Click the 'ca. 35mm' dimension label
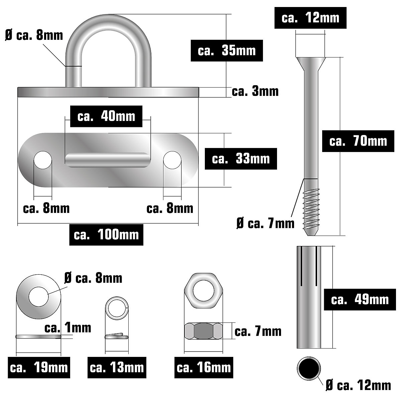tap(227, 50)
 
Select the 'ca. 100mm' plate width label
tap(106, 235)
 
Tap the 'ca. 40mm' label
tap(106, 116)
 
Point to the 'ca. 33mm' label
tap(241, 159)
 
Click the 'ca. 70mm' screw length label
tap(358, 141)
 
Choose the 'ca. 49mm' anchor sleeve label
tap(360, 300)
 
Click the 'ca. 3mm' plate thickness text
tap(255, 92)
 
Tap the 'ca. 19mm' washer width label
tap(39, 368)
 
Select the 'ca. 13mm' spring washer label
tap(117, 368)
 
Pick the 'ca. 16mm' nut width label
tap(204, 368)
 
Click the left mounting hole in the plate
tap(43, 160)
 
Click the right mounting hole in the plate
tap(172, 160)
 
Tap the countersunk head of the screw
tap(311, 64)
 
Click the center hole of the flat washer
tap(38, 297)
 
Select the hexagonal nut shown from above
tap(204, 290)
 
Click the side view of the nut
tap(204, 331)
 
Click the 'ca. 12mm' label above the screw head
tap(310, 18)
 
